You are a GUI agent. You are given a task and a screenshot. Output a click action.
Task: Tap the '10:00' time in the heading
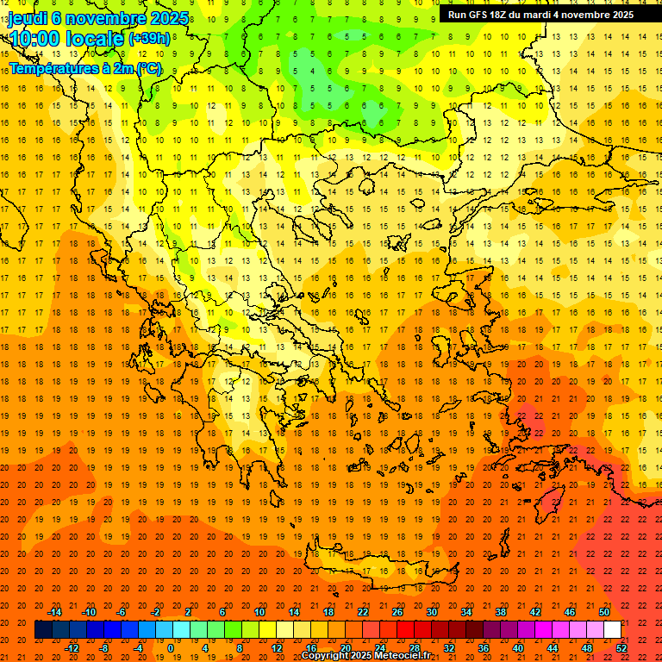(34, 39)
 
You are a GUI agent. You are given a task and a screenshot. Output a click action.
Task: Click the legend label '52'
(621, 648)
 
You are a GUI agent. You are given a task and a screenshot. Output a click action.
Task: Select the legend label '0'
(171, 648)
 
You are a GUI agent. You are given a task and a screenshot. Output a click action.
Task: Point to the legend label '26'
(397, 612)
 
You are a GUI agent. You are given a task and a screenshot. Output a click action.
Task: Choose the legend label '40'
(518, 648)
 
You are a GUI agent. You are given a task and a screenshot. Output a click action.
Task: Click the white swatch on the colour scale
(612, 630)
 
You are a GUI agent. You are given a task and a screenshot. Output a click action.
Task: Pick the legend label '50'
(604, 612)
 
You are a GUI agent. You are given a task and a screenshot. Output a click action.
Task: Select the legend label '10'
(259, 612)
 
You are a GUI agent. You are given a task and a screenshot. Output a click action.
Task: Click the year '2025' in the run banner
(619, 15)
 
